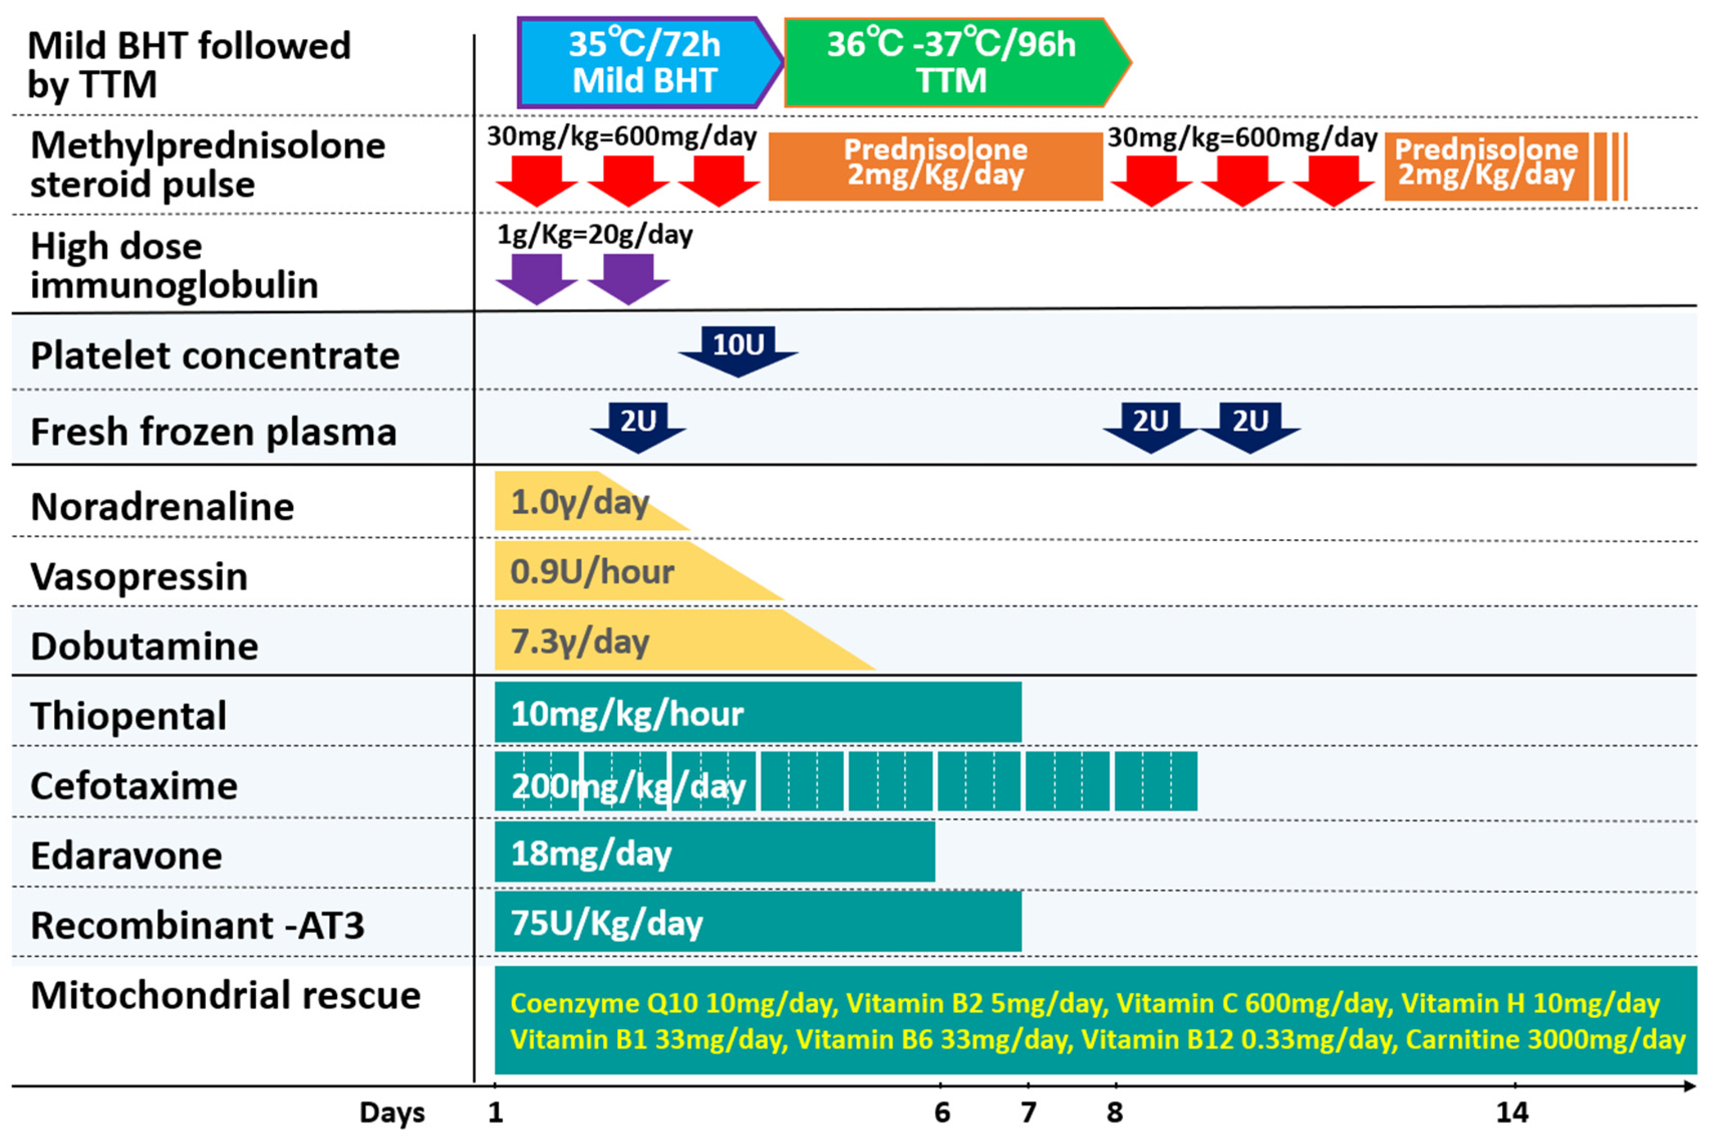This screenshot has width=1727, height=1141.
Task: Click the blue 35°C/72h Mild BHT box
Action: pos(644,63)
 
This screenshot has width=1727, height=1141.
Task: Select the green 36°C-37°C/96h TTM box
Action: pos(950,63)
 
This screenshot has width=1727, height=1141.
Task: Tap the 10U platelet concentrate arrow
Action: pos(738,349)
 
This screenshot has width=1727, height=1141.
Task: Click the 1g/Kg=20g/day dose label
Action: pos(595,234)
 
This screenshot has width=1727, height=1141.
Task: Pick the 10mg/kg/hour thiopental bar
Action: pos(757,712)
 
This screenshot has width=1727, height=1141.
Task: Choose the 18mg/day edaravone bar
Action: pos(713,852)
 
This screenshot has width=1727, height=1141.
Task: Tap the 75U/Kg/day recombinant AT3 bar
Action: pos(757,922)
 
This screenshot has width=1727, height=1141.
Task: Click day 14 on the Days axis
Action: pos(1512,1112)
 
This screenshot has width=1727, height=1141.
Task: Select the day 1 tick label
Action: pos(496,1112)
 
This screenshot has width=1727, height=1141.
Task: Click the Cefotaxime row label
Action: pos(134,786)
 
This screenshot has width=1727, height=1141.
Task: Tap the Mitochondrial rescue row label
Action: pos(226,995)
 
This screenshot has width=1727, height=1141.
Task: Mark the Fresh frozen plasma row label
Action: pos(213,431)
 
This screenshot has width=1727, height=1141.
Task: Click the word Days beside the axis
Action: pos(391,1112)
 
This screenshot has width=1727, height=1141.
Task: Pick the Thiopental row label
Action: pos(129,715)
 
